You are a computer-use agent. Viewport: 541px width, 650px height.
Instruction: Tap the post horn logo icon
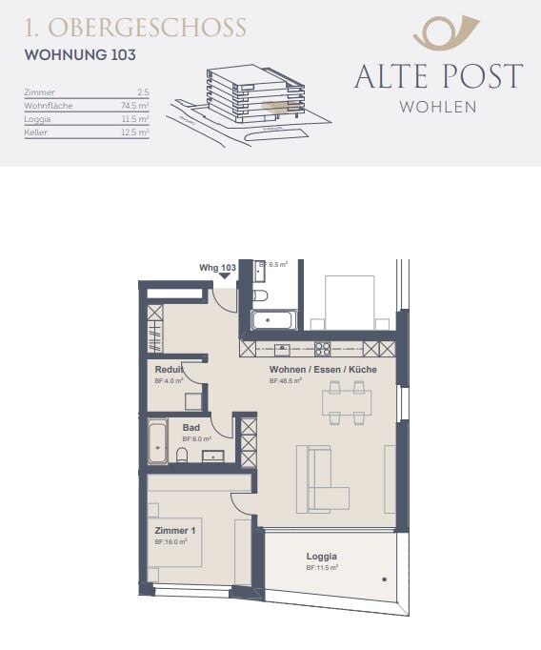pos(439,32)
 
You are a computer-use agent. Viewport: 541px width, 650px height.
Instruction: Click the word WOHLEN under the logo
pos(438,107)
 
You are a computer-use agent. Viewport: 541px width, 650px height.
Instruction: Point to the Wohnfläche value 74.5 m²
pos(134,106)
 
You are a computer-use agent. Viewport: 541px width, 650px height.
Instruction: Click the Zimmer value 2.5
pos(143,92)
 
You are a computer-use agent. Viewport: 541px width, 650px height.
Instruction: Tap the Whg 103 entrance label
pos(217,269)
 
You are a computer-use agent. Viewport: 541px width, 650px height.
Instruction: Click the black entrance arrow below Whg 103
pos(225,277)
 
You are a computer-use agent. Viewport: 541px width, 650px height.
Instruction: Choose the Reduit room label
pos(170,369)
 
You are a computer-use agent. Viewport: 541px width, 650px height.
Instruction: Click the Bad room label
pos(191,428)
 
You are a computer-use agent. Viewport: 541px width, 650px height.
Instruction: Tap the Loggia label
pos(322,557)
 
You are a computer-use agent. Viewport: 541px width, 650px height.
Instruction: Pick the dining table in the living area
pos(346,402)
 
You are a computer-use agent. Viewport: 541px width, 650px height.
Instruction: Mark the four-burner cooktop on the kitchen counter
pos(323,349)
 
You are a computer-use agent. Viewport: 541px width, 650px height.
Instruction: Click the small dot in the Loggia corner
pos(386,579)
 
